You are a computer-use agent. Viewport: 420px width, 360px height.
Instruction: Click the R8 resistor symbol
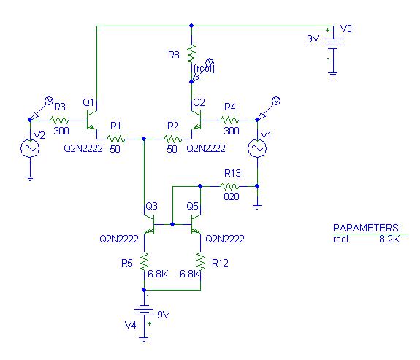191,54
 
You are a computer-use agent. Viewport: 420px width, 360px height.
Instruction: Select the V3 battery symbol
333,44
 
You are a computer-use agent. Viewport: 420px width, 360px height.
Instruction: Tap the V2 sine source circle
30,148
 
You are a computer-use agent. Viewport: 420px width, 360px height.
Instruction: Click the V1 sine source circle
257,148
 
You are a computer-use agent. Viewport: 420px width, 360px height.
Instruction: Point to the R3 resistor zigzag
59,120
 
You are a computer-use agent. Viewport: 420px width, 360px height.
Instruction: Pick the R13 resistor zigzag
229,186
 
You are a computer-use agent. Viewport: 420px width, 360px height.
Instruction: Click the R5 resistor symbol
144,261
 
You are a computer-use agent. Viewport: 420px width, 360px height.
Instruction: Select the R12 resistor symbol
201,261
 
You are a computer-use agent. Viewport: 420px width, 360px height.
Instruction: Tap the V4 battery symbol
144,311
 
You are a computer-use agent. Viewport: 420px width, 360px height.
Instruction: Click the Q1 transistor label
88,102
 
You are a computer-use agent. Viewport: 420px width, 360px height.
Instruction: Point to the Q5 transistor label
192,206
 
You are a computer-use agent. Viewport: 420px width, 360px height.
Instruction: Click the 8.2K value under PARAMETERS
389,239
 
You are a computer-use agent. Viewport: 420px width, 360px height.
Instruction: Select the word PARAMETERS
367,228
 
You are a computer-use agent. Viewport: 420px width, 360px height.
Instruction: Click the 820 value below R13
232,196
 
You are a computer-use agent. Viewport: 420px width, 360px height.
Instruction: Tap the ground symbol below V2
30,178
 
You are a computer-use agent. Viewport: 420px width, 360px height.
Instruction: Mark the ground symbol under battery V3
333,74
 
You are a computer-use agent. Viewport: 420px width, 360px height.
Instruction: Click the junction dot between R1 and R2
144,139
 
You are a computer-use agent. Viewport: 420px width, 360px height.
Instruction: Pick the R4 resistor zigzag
229,120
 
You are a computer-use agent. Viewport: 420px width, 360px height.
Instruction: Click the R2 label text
173,126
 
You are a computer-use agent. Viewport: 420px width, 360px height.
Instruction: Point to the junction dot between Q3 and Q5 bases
172,224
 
